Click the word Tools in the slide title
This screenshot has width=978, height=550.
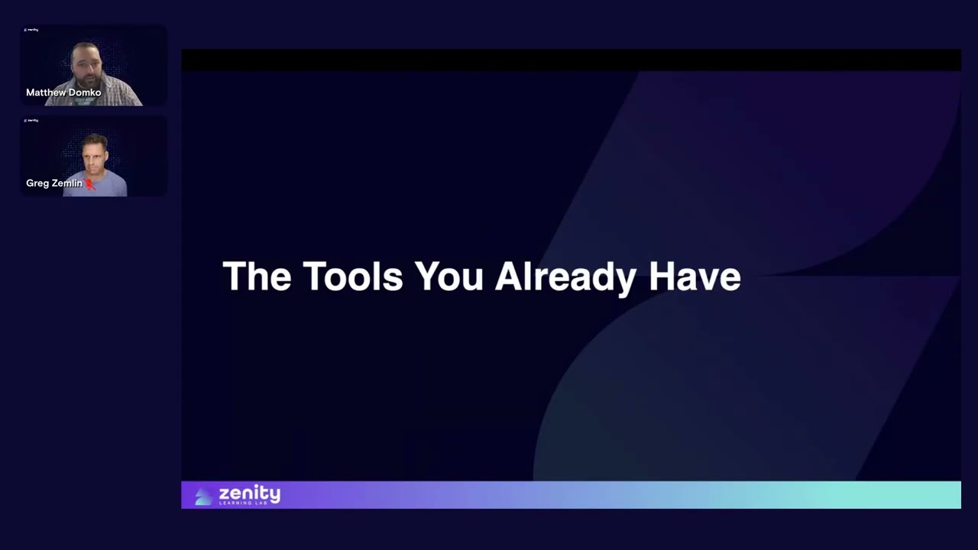pos(352,276)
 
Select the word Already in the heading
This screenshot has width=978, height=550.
pos(565,277)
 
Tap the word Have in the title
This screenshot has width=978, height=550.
pos(695,276)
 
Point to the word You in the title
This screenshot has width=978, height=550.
pos(449,276)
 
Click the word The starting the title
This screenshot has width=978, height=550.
pos(257,276)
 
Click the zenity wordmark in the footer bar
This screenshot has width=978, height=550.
pos(249,493)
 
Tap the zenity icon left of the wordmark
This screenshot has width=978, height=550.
pos(203,497)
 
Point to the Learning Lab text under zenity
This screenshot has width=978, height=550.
pos(244,503)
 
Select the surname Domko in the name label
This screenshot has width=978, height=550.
pos(86,92)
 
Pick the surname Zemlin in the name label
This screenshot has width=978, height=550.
pos(66,183)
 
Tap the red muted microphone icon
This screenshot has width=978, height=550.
pos(89,183)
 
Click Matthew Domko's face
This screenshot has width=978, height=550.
pos(86,66)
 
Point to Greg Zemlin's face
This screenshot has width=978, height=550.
pos(96,155)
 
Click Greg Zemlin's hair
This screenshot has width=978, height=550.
pos(96,139)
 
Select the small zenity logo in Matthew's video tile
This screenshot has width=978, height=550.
pos(31,30)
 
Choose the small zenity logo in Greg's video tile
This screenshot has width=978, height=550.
pos(31,121)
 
